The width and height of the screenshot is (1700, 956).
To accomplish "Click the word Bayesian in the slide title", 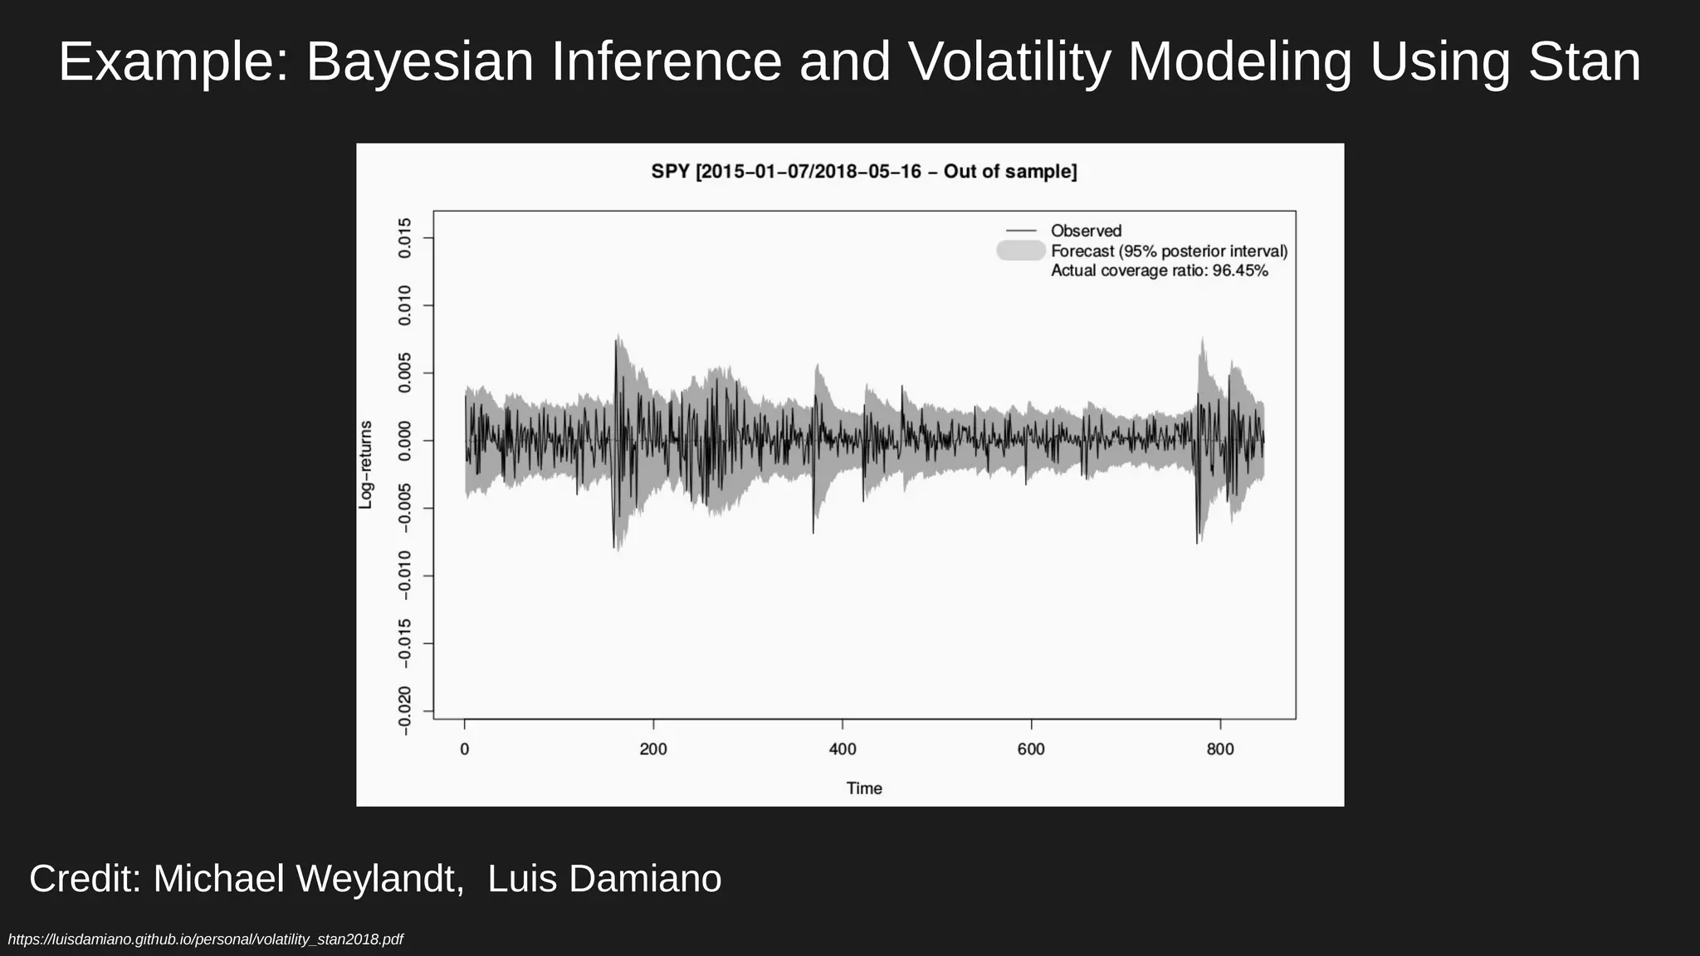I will [420, 62].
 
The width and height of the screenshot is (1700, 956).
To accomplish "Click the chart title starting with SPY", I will [864, 172].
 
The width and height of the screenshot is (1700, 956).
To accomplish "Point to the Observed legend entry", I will [1086, 231].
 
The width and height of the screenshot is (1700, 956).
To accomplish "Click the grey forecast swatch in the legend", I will [1021, 251].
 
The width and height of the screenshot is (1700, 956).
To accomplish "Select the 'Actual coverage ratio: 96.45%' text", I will [1159, 271].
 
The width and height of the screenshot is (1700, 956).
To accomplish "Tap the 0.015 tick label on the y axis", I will [405, 238].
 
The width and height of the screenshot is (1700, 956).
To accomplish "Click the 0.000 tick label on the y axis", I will [405, 441].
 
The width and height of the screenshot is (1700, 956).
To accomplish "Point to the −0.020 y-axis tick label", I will [405, 710].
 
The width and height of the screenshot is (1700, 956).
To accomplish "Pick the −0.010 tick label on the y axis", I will [405, 575].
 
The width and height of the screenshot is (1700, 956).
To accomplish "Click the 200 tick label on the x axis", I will [653, 749].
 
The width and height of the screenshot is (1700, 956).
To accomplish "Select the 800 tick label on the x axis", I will [1220, 749].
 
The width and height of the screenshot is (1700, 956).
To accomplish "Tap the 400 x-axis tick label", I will [843, 749].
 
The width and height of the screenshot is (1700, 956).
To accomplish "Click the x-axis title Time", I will [864, 788].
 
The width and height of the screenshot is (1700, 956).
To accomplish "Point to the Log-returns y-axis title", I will [365, 465].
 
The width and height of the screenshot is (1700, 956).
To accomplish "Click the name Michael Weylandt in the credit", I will [308, 879].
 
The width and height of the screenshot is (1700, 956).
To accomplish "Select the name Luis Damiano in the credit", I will [604, 879].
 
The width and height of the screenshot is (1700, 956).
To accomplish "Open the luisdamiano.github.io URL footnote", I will [205, 939].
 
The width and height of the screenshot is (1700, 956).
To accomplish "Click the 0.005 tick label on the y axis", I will [405, 373].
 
